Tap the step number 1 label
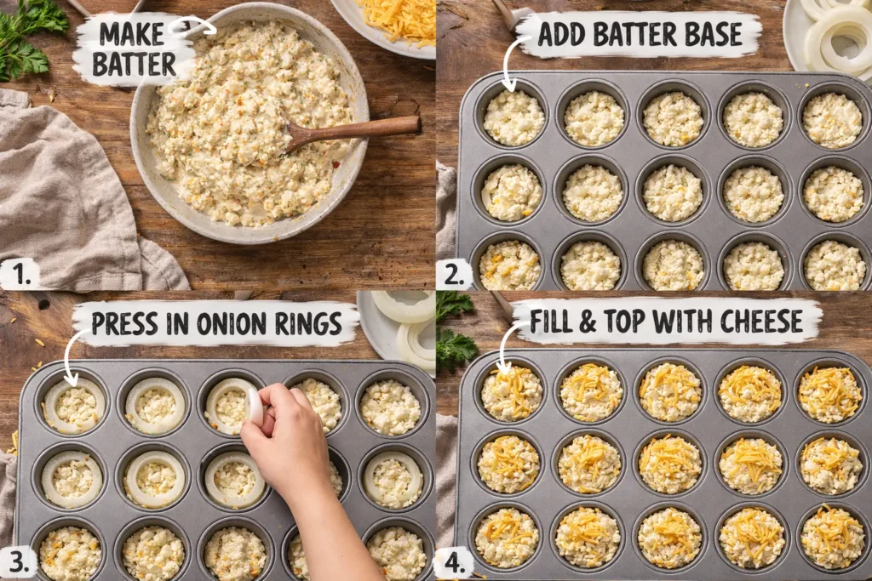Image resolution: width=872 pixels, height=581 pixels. tap(16, 274)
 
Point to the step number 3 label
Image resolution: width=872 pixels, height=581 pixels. tap(17, 561)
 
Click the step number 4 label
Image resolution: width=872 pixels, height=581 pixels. tap(452, 563)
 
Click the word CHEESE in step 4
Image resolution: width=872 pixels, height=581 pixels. tap(761, 321)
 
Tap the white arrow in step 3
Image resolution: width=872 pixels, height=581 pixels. tap(70, 357)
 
